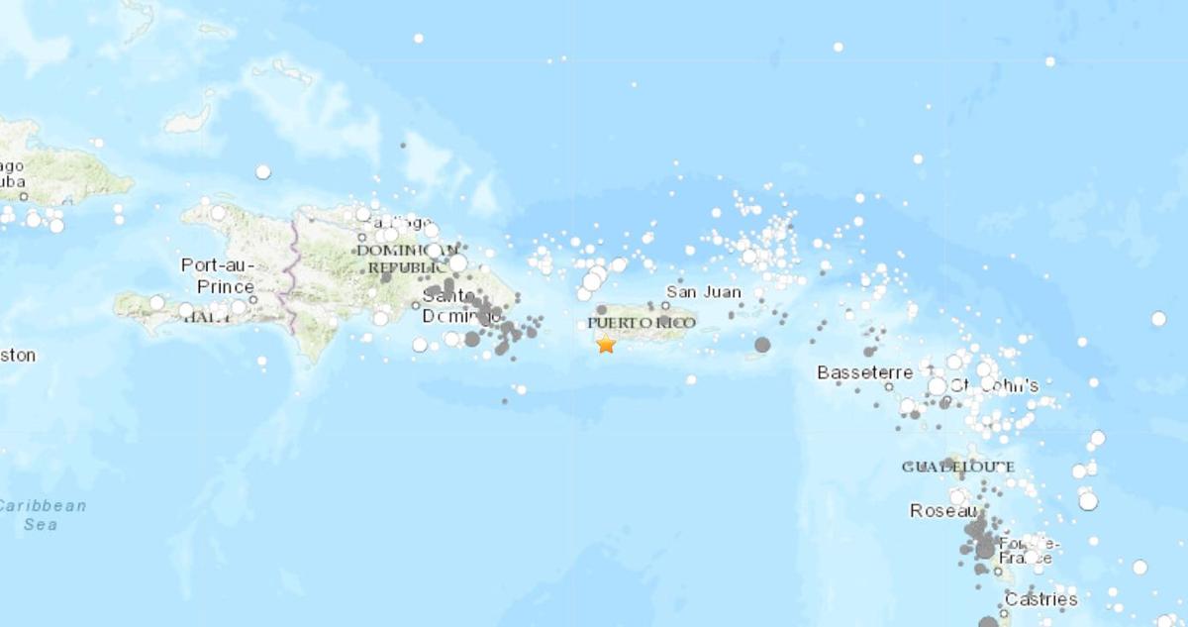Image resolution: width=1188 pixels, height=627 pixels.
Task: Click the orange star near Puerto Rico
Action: click(606, 344)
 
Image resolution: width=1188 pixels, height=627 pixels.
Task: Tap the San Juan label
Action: click(702, 292)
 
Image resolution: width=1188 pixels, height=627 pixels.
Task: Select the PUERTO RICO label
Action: click(642, 323)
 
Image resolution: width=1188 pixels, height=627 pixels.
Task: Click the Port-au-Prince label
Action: click(219, 275)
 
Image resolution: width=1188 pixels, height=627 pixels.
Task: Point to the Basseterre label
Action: click(864, 372)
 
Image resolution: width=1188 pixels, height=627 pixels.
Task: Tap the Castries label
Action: click(1040, 599)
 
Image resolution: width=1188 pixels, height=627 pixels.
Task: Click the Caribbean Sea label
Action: click(42, 515)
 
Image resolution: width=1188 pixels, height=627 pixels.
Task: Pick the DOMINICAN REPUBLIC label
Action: click(407, 259)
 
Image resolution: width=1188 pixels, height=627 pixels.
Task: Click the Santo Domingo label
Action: click(455, 306)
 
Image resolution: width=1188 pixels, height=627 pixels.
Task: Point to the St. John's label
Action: click(995, 385)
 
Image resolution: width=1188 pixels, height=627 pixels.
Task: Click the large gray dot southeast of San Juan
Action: click(762, 345)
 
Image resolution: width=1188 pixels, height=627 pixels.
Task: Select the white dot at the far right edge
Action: click(1158, 318)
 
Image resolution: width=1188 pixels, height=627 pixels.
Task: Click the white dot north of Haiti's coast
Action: click(262, 171)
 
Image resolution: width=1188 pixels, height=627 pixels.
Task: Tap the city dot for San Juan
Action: click(665, 305)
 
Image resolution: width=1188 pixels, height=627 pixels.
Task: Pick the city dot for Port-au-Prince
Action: click(253, 298)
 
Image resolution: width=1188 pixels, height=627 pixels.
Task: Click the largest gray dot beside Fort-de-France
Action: click(985, 548)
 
